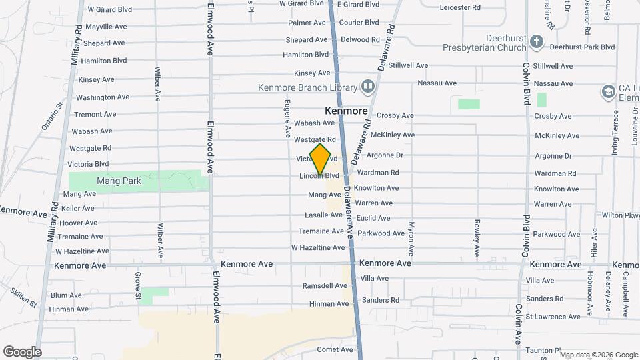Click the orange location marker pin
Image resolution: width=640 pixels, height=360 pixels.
[321, 159]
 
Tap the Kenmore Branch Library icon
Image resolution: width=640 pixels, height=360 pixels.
[367, 87]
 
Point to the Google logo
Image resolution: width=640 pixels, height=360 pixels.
[22, 351]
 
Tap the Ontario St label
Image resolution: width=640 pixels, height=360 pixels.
[52, 115]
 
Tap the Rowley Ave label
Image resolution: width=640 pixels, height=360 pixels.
[477, 238]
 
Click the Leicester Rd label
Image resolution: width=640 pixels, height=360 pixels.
[460, 8]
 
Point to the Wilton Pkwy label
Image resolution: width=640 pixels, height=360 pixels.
[620, 215]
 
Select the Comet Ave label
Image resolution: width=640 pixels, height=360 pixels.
[335, 349]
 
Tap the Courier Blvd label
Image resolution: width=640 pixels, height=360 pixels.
[359, 22]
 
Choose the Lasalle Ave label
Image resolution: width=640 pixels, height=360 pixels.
[323, 215]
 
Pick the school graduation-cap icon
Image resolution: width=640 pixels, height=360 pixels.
[608, 91]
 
